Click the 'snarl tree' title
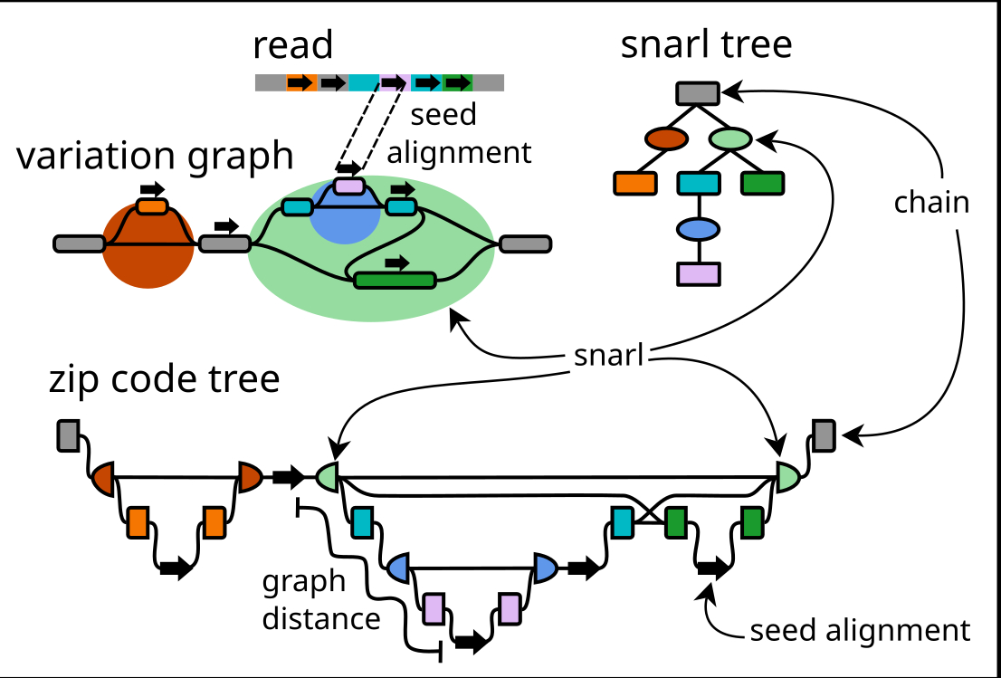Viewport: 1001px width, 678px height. pos(706,44)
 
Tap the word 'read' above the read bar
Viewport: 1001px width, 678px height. pos(292,44)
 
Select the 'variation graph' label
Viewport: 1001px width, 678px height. pos(155,156)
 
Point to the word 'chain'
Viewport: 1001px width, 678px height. pos(931,203)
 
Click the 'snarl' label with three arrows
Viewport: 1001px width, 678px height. pos(608,356)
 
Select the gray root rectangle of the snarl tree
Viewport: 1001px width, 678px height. pos(698,91)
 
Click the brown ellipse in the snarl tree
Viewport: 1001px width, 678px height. pos(667,139)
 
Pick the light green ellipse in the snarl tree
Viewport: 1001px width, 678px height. pos(731,139)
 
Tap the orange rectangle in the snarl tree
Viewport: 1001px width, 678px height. pos(635,183)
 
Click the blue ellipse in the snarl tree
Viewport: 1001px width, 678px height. pos(699,229)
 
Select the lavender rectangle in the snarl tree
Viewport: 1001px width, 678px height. pos(699,273)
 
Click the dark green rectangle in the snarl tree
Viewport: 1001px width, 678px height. pos(762,183)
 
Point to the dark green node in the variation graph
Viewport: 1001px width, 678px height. pos(395,280)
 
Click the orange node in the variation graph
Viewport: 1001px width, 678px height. pos(152,207)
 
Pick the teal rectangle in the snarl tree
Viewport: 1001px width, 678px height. pos(699,183)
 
